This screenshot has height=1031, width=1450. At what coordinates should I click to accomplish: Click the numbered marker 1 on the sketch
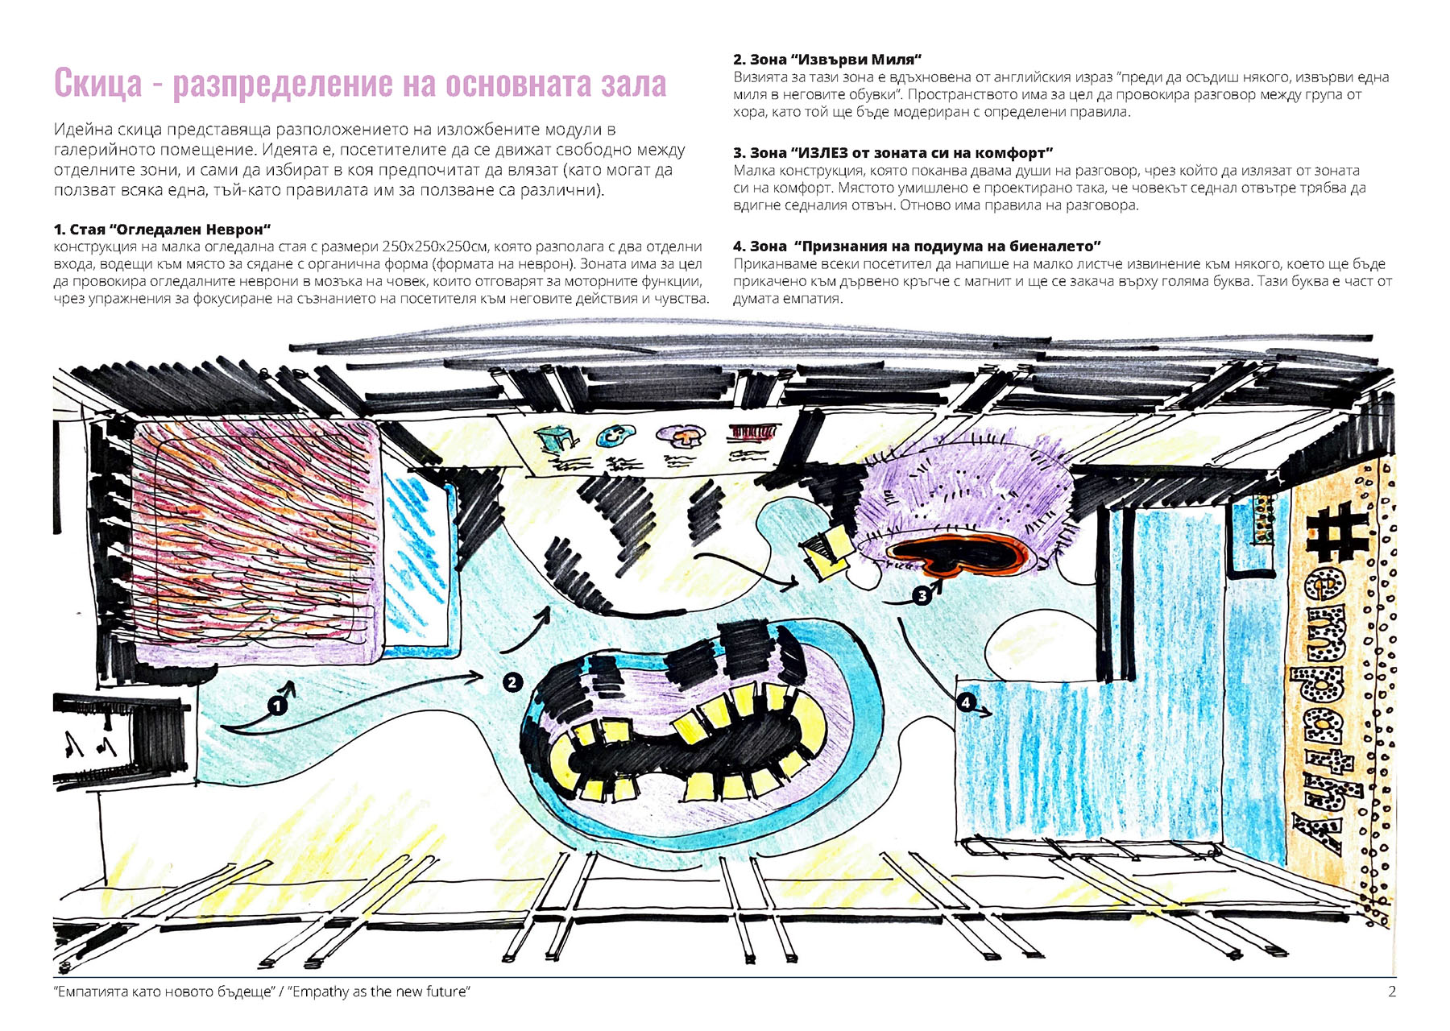click(x=278, y=706)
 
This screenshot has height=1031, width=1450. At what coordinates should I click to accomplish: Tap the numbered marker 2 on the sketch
click(x=512, y=682)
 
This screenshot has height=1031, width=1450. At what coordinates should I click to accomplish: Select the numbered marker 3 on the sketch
click(x=922, y=595)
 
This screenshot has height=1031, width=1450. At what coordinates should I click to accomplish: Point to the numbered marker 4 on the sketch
click(x=966, y=702)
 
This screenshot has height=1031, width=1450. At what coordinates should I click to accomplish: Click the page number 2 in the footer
click(x=1391, y=992)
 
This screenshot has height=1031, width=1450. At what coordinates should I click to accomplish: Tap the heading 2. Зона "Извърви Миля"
click(x=827, y=60)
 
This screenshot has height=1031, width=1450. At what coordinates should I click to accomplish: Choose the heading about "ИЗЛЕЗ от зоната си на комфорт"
click(x=893, y=153)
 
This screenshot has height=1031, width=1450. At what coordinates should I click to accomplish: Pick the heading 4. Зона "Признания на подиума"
click(x=917, y=246)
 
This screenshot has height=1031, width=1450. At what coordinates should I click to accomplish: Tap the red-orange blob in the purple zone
click(x=959, y=554)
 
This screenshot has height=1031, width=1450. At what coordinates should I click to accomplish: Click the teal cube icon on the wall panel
click(x=557, y=438)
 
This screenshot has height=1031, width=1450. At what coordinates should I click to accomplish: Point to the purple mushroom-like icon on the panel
click(x=681, y=437)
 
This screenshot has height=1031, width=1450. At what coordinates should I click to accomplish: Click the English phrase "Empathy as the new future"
click(x=380, y=992)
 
